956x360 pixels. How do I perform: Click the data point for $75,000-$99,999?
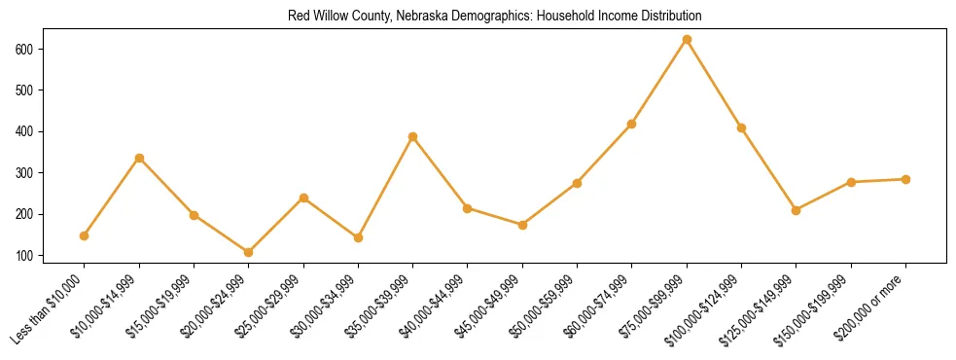(x=687, y=40)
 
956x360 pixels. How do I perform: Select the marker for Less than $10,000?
(x=85, y=235)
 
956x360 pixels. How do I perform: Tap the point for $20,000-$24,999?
(x=249, y=252)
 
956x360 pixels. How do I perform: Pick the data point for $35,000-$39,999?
(x=413, y=137)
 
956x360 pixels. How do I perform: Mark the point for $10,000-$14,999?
(x=139, y=158)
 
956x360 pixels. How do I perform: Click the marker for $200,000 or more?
(x=905, y=179)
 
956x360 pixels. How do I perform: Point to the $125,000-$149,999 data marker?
(x=797, y=210)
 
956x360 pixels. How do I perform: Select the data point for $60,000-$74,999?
(x=632, y=125)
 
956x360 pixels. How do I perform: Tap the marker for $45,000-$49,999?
(x=522, y=225)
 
